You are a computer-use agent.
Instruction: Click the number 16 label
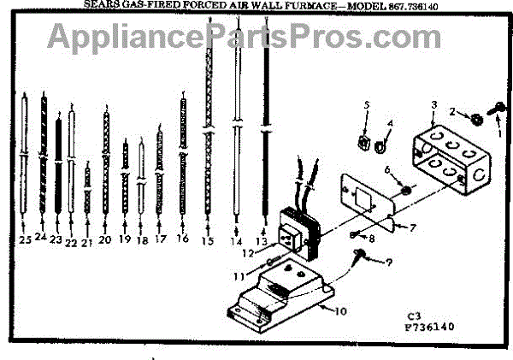click(182, 239)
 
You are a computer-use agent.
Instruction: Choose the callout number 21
click(86, 244)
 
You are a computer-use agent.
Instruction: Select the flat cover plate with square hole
click(363, 204)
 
